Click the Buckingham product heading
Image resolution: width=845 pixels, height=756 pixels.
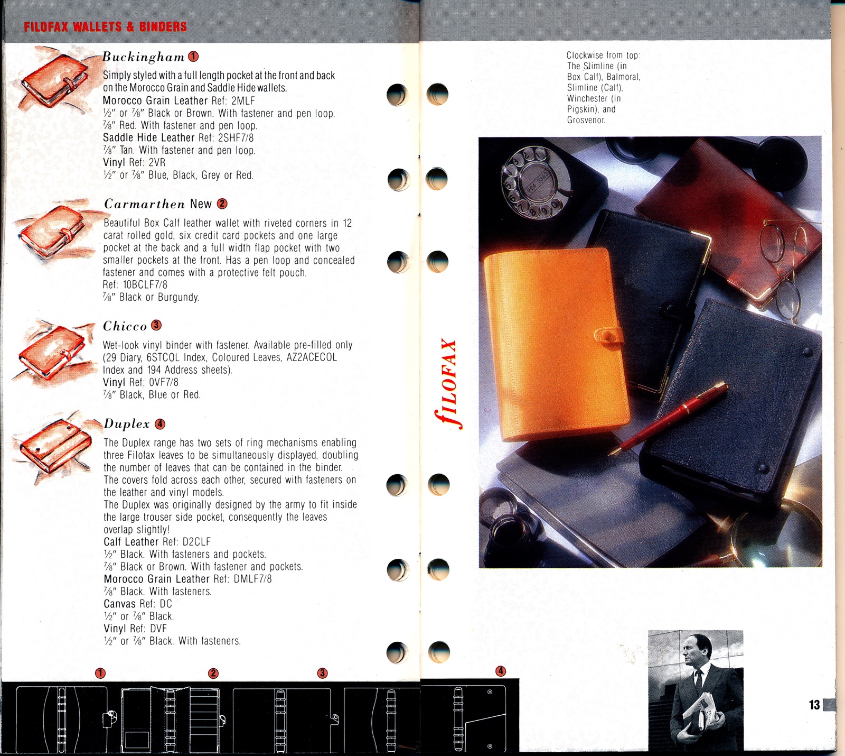143,57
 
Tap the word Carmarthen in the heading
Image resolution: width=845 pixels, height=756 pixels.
144,205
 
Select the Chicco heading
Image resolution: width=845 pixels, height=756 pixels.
125,326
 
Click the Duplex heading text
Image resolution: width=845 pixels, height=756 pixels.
127,424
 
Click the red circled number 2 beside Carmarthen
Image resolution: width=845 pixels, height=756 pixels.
222,204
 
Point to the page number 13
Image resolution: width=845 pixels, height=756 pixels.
814,705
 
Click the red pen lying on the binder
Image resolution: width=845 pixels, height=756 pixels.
668,419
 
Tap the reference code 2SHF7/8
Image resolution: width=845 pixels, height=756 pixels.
236,138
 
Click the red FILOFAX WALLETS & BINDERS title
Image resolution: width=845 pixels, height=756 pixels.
105,26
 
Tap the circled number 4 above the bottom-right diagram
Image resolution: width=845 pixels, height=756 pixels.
501,671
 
